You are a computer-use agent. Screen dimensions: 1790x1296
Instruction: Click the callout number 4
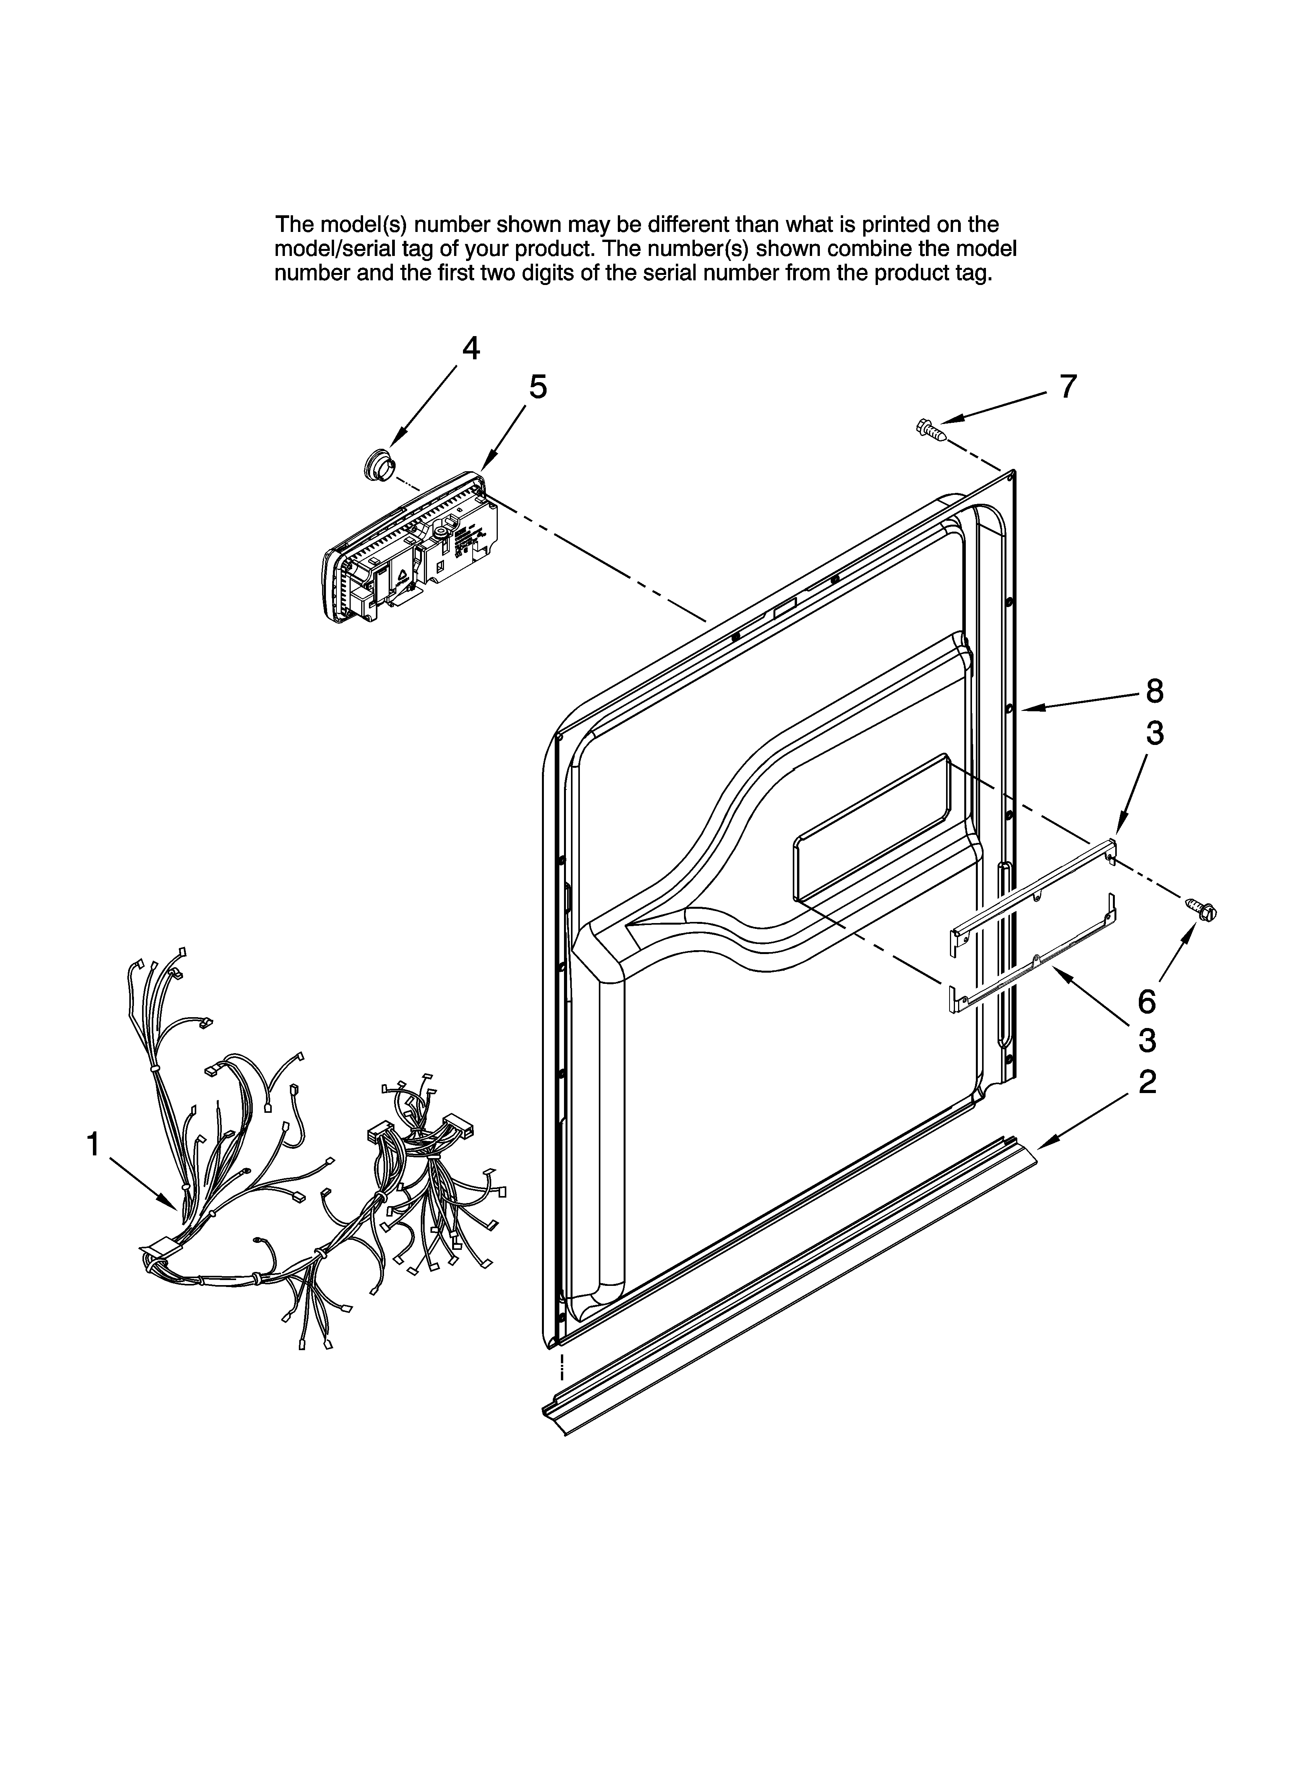(x=470, y=348)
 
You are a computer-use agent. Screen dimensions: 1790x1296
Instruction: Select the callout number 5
(x=538, y=388)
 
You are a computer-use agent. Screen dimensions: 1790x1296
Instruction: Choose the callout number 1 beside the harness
(x=93, y=1144)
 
